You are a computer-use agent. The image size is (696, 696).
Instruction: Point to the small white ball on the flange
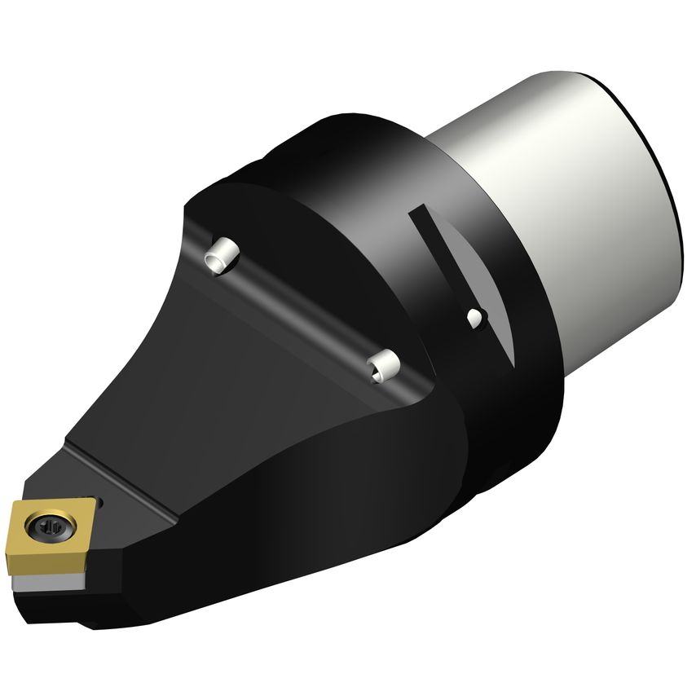[474, 319]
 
